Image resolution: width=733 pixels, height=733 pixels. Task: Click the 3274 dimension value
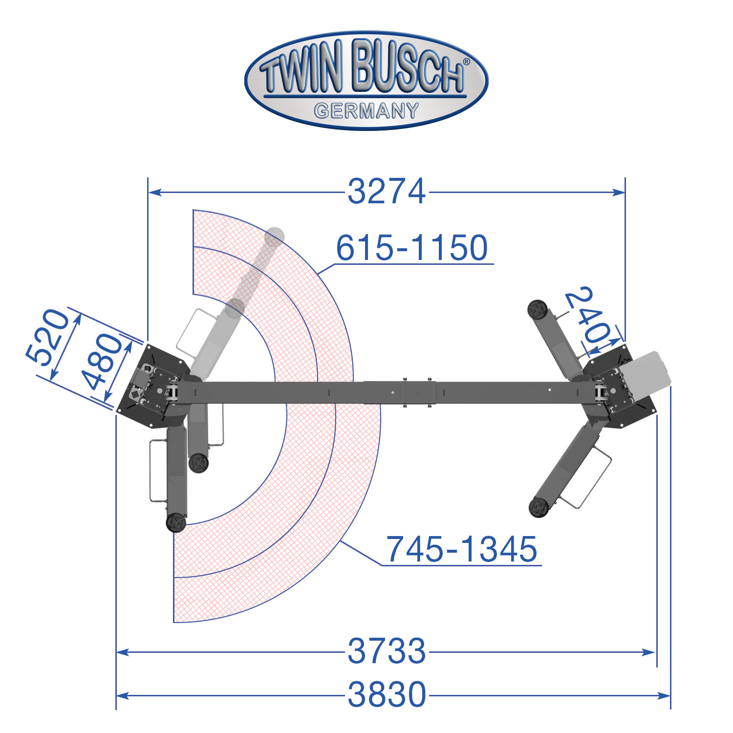pos(387,192)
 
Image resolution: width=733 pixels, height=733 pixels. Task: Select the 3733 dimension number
pos(387,651)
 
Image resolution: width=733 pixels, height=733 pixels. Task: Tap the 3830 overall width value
pos(387,694)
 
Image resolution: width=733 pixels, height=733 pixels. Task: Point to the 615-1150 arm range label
pos(412,247)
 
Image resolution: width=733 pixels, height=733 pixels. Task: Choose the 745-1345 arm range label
pos(462,549)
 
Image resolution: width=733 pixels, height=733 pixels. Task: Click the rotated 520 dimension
pos(47,337)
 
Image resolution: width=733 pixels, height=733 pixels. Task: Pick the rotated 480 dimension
pos(102,362)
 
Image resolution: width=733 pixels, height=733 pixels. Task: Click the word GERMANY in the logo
pos(366,111)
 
